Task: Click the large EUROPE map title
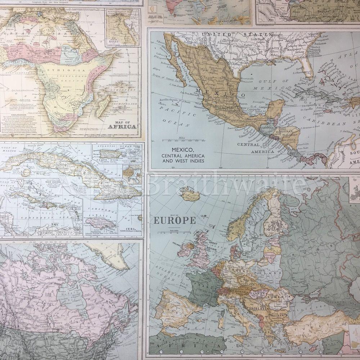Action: [175, 220]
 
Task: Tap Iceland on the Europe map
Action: [190, 195]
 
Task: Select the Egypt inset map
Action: [122, 28]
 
